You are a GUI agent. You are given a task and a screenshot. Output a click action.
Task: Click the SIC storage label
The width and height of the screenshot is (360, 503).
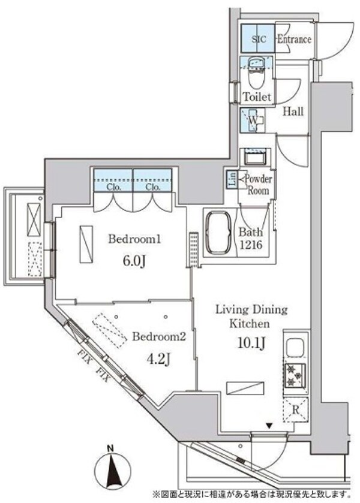(258, 40)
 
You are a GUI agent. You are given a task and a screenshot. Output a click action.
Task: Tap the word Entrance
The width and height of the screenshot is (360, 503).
(295, 40)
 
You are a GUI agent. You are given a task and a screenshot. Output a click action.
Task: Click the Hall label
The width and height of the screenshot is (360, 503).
(293, 112)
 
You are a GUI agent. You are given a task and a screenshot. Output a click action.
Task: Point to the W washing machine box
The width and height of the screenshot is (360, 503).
(254, 121)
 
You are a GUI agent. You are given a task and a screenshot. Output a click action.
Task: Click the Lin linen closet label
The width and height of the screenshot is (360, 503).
(232, 180)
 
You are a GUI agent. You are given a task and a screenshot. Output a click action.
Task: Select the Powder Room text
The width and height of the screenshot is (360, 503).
(257, 185)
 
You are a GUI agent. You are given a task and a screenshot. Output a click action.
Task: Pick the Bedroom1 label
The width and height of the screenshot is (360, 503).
(135, 240)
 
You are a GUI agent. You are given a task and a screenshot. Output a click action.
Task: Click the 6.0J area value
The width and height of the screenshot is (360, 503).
(136, 261)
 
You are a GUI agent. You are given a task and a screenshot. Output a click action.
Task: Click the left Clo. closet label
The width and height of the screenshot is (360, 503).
(113, 186)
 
